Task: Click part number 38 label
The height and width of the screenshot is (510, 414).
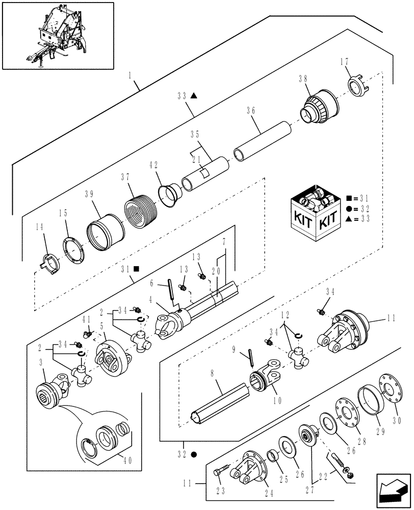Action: coord(303,79)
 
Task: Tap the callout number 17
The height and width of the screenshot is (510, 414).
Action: coord(346,63)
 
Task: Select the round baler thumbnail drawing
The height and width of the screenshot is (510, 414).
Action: coord(57,36)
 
